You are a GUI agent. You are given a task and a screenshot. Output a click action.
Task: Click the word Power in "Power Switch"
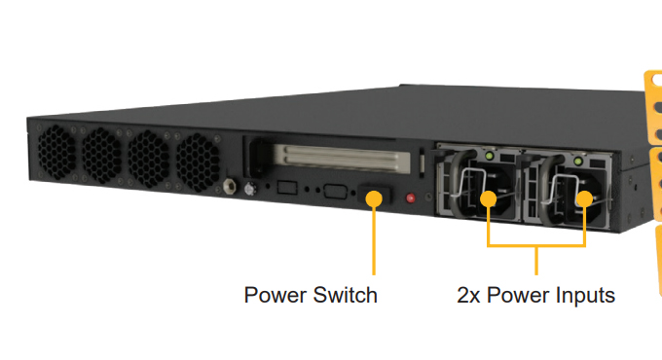click(x=273, y=295)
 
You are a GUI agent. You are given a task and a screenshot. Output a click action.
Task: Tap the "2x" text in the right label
click(x=471, y=295)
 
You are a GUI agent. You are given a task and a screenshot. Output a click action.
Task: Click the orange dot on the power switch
click(x=374, y=198)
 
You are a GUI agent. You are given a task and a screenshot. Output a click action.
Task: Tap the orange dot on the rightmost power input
click(x=584, y=201)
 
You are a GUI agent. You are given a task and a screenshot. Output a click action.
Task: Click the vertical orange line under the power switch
click(x=374, y=238)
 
